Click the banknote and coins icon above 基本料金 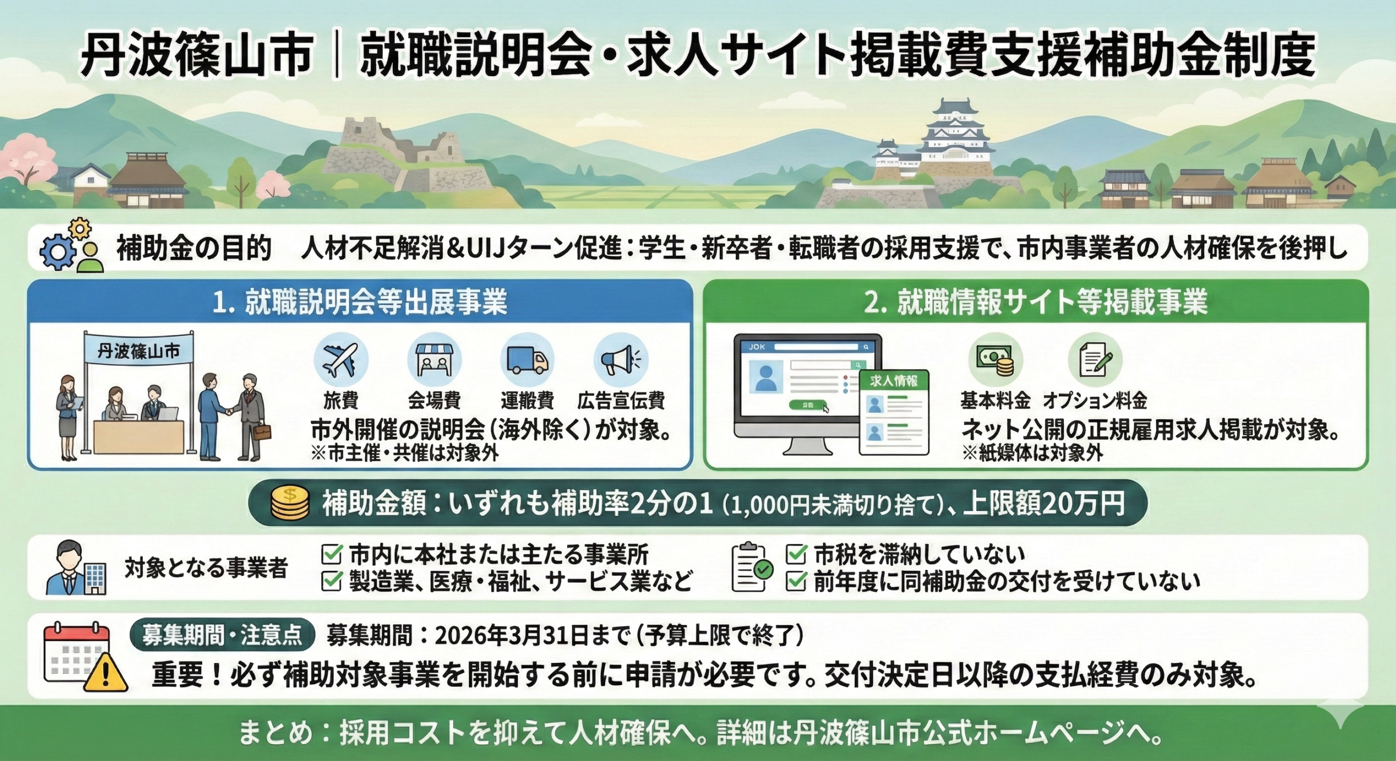tap(995, 360)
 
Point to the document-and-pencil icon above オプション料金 tap(1095, 360)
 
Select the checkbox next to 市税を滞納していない tap(796, 554)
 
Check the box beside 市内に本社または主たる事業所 tap(332, 554)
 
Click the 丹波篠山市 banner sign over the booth tap(139, 352)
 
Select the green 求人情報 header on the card tap(893, 381)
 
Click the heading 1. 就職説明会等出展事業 tap(359, 303)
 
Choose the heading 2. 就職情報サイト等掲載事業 tap(1036, 303)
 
